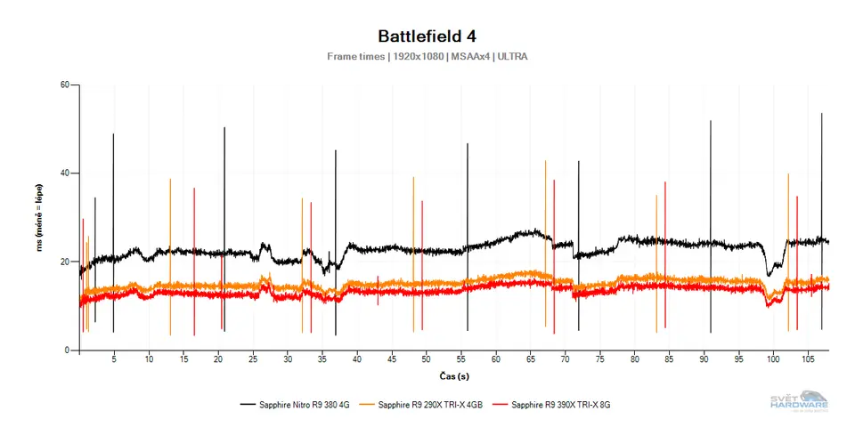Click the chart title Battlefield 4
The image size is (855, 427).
coord(427,36)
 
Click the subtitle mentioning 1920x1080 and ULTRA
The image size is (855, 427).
coord(427,56)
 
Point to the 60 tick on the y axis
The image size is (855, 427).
coord(64,85)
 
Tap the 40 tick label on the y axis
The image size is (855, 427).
coord(64,173)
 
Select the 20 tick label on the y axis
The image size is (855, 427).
coord(64,262)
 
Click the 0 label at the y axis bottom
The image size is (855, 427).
coord(67,350)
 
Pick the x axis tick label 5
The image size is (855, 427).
coord(114,360)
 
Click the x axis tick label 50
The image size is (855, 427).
coord(426,360)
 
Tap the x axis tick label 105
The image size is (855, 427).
coord(807,360)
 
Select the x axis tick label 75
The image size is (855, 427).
coord(599,360)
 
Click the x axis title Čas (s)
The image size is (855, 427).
coord(451,375)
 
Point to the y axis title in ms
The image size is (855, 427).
coord(40,218)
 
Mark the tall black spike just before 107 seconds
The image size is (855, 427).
coord(821,178)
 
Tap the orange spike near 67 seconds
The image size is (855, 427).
coord(545,222)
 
